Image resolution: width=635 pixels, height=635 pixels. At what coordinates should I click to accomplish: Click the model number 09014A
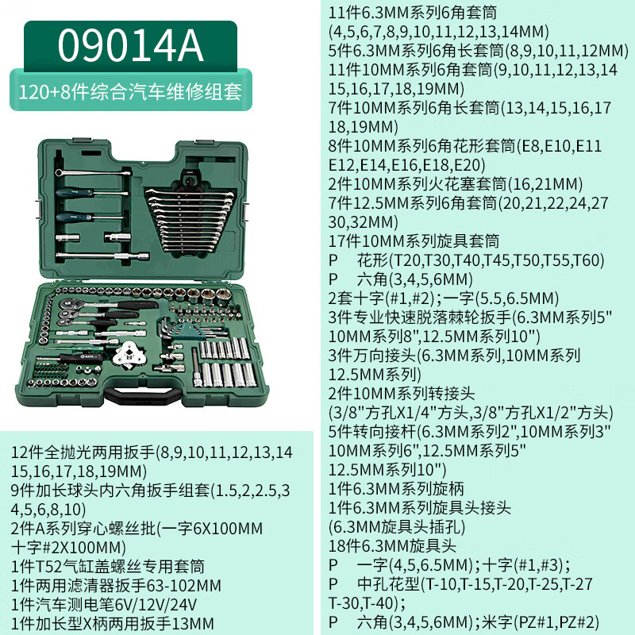click(130, 46)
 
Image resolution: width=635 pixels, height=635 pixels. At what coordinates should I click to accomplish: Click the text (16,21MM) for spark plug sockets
click(545, 184)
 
